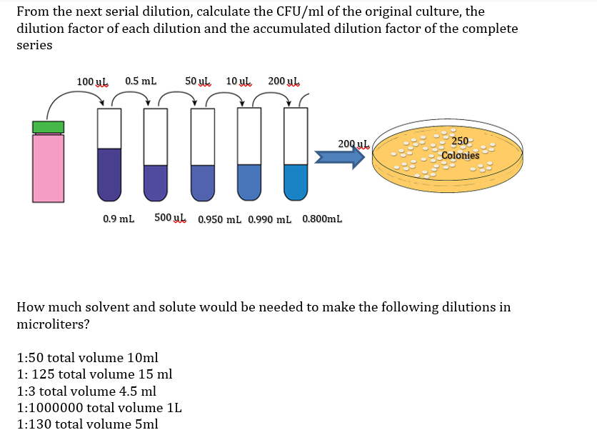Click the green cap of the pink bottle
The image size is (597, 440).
pos(48,126)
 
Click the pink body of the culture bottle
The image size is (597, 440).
pos(48,168)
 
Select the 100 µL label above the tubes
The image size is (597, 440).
pos(92,81)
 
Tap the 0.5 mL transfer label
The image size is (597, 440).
pos(141,81)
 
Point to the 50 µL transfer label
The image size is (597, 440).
pos(198,81)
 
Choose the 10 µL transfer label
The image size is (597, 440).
pos(239,81)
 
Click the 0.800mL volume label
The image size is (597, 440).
pos(322,219)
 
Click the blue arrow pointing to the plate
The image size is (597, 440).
pos(339,159)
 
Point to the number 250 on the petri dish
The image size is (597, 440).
pos(461,141)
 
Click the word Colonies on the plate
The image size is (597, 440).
pos(461,155)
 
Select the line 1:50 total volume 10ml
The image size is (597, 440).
pos(87,357)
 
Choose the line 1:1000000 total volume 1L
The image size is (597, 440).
pos(99,408)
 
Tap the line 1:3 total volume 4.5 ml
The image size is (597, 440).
pos(86,391)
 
